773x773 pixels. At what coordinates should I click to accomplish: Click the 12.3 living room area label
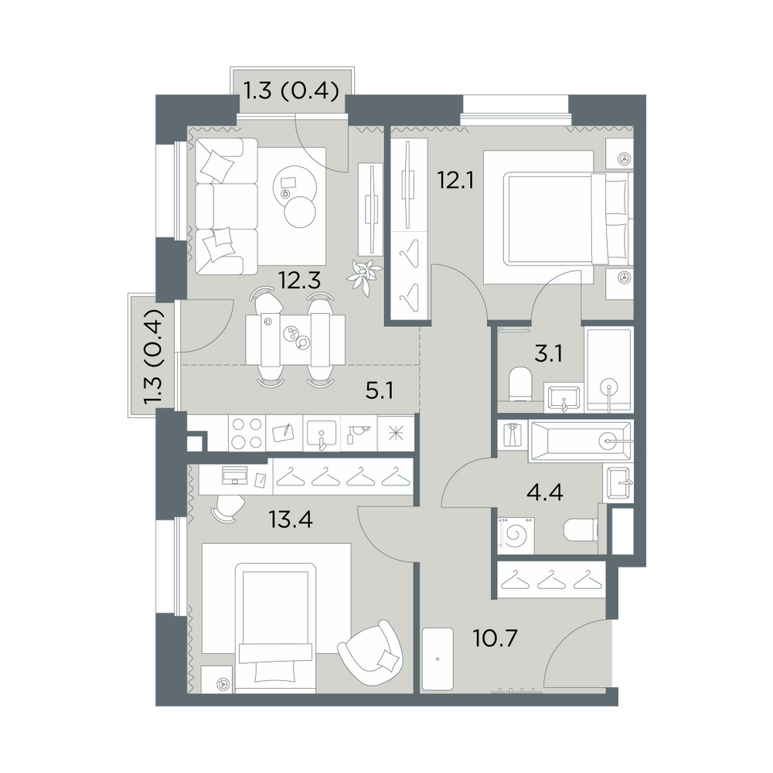[299, 281]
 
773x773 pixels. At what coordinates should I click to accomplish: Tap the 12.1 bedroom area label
[456, 181]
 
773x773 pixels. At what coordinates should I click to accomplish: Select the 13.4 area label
[291, 519]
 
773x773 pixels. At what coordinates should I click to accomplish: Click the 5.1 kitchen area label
[380, 391]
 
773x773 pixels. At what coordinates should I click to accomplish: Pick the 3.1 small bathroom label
[548, 354]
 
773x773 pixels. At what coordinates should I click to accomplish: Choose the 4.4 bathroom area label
[545, 492]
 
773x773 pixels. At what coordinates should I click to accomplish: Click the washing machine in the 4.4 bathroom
[516, 533]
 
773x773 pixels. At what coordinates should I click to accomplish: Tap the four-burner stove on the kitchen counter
[247, 433]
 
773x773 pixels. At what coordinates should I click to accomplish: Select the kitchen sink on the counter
[322, 434]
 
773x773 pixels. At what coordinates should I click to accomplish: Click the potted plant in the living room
[364, 277]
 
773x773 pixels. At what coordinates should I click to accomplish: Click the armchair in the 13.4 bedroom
[371, 653]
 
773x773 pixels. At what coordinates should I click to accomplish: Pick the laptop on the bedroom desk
[235, 475]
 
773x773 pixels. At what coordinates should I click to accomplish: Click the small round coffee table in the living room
[300, 212]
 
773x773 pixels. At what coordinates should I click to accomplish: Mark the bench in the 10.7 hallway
[438, 659]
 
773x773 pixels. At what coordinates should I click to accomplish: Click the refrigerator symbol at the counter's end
[396, 434]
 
